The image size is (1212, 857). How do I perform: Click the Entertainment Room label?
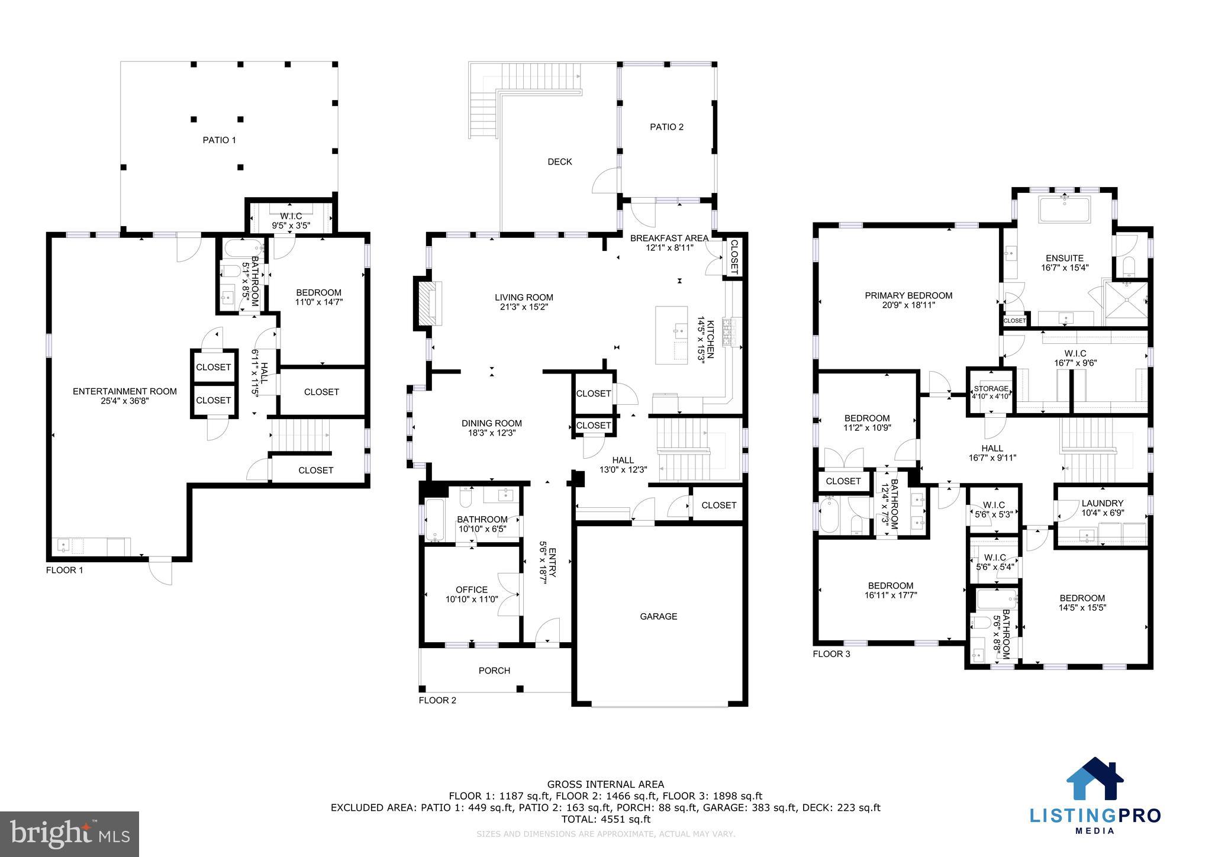tap(125, 391)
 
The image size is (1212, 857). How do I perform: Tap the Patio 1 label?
tap(219, 140)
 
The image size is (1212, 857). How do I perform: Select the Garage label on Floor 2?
tap(658, 616)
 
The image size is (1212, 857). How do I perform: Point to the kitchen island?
tap(672, 336)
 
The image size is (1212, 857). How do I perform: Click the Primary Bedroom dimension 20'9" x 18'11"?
tap(908, 305)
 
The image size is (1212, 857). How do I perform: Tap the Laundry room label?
tap(1102, 503)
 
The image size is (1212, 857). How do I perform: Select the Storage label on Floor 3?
tap(991, 389)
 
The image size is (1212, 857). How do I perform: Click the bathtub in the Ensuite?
tap(1065, 211)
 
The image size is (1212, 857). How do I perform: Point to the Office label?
tap(472, 589)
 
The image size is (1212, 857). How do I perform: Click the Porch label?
tap(494, 671)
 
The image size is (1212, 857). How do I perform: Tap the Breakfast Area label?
tap(669, 238)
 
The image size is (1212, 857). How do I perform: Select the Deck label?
tap(559, 162)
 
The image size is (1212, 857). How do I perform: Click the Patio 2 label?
tap(666, 127)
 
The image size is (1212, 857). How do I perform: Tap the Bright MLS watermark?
tap(70, 834)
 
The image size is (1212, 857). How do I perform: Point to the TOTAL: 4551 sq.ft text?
tap(605, 820)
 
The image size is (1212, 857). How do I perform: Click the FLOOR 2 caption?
tap(437, 700)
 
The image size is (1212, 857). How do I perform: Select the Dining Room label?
tap(492, 423)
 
